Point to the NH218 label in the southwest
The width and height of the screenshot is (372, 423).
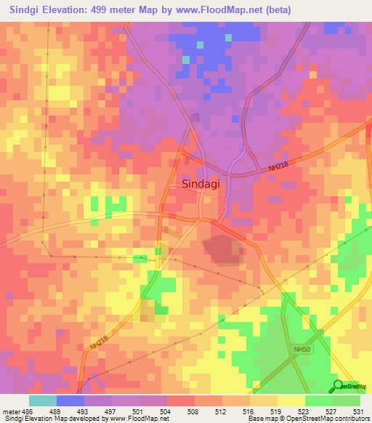(x=100, y=338)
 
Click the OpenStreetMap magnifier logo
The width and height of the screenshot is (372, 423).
(x=337, y=386)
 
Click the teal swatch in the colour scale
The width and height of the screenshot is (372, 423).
(x=42, y=400)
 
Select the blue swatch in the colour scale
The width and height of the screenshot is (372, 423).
(x=70, y=400)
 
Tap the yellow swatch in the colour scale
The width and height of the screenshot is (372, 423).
(x=291, y=400)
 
